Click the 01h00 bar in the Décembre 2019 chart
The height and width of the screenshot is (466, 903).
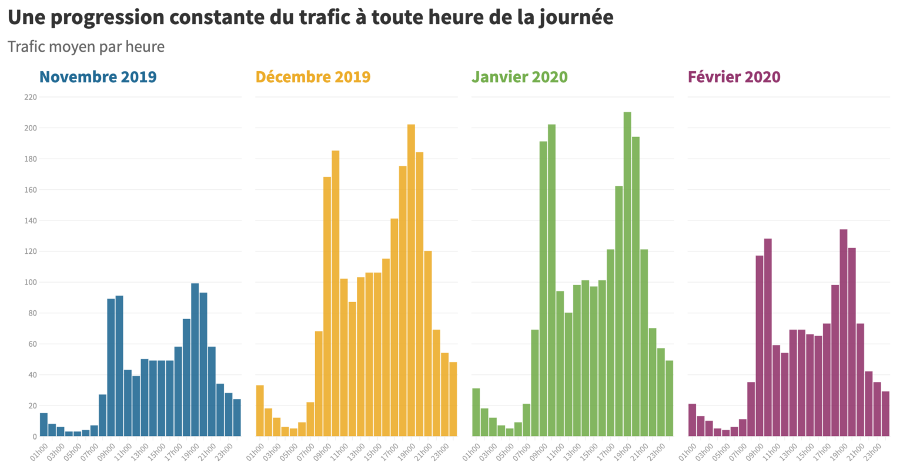pyautogui.click(x=259, y=411)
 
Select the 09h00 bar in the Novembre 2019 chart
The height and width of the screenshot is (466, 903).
pyautogui.click(x=111, y=367)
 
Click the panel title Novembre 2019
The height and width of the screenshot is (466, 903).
pyautogui.click(x=98, y=77)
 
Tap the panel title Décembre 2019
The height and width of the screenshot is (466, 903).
pyautogui.click(x=313, y=77)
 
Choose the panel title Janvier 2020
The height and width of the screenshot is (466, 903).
pyautogui.click(x=520, y=77)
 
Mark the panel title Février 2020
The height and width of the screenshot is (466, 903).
pyautogui.click(x=734, y=77)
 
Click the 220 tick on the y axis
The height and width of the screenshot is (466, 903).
pyautogui.click(x=31, y=97)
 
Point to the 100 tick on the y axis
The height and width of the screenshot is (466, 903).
pyautogui.click(x=31, y=282)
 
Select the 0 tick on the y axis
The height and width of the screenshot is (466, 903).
pyautogui.click(x=34, y=437)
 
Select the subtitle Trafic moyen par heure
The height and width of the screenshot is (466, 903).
pyautogui.click(x=86, y=46)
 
